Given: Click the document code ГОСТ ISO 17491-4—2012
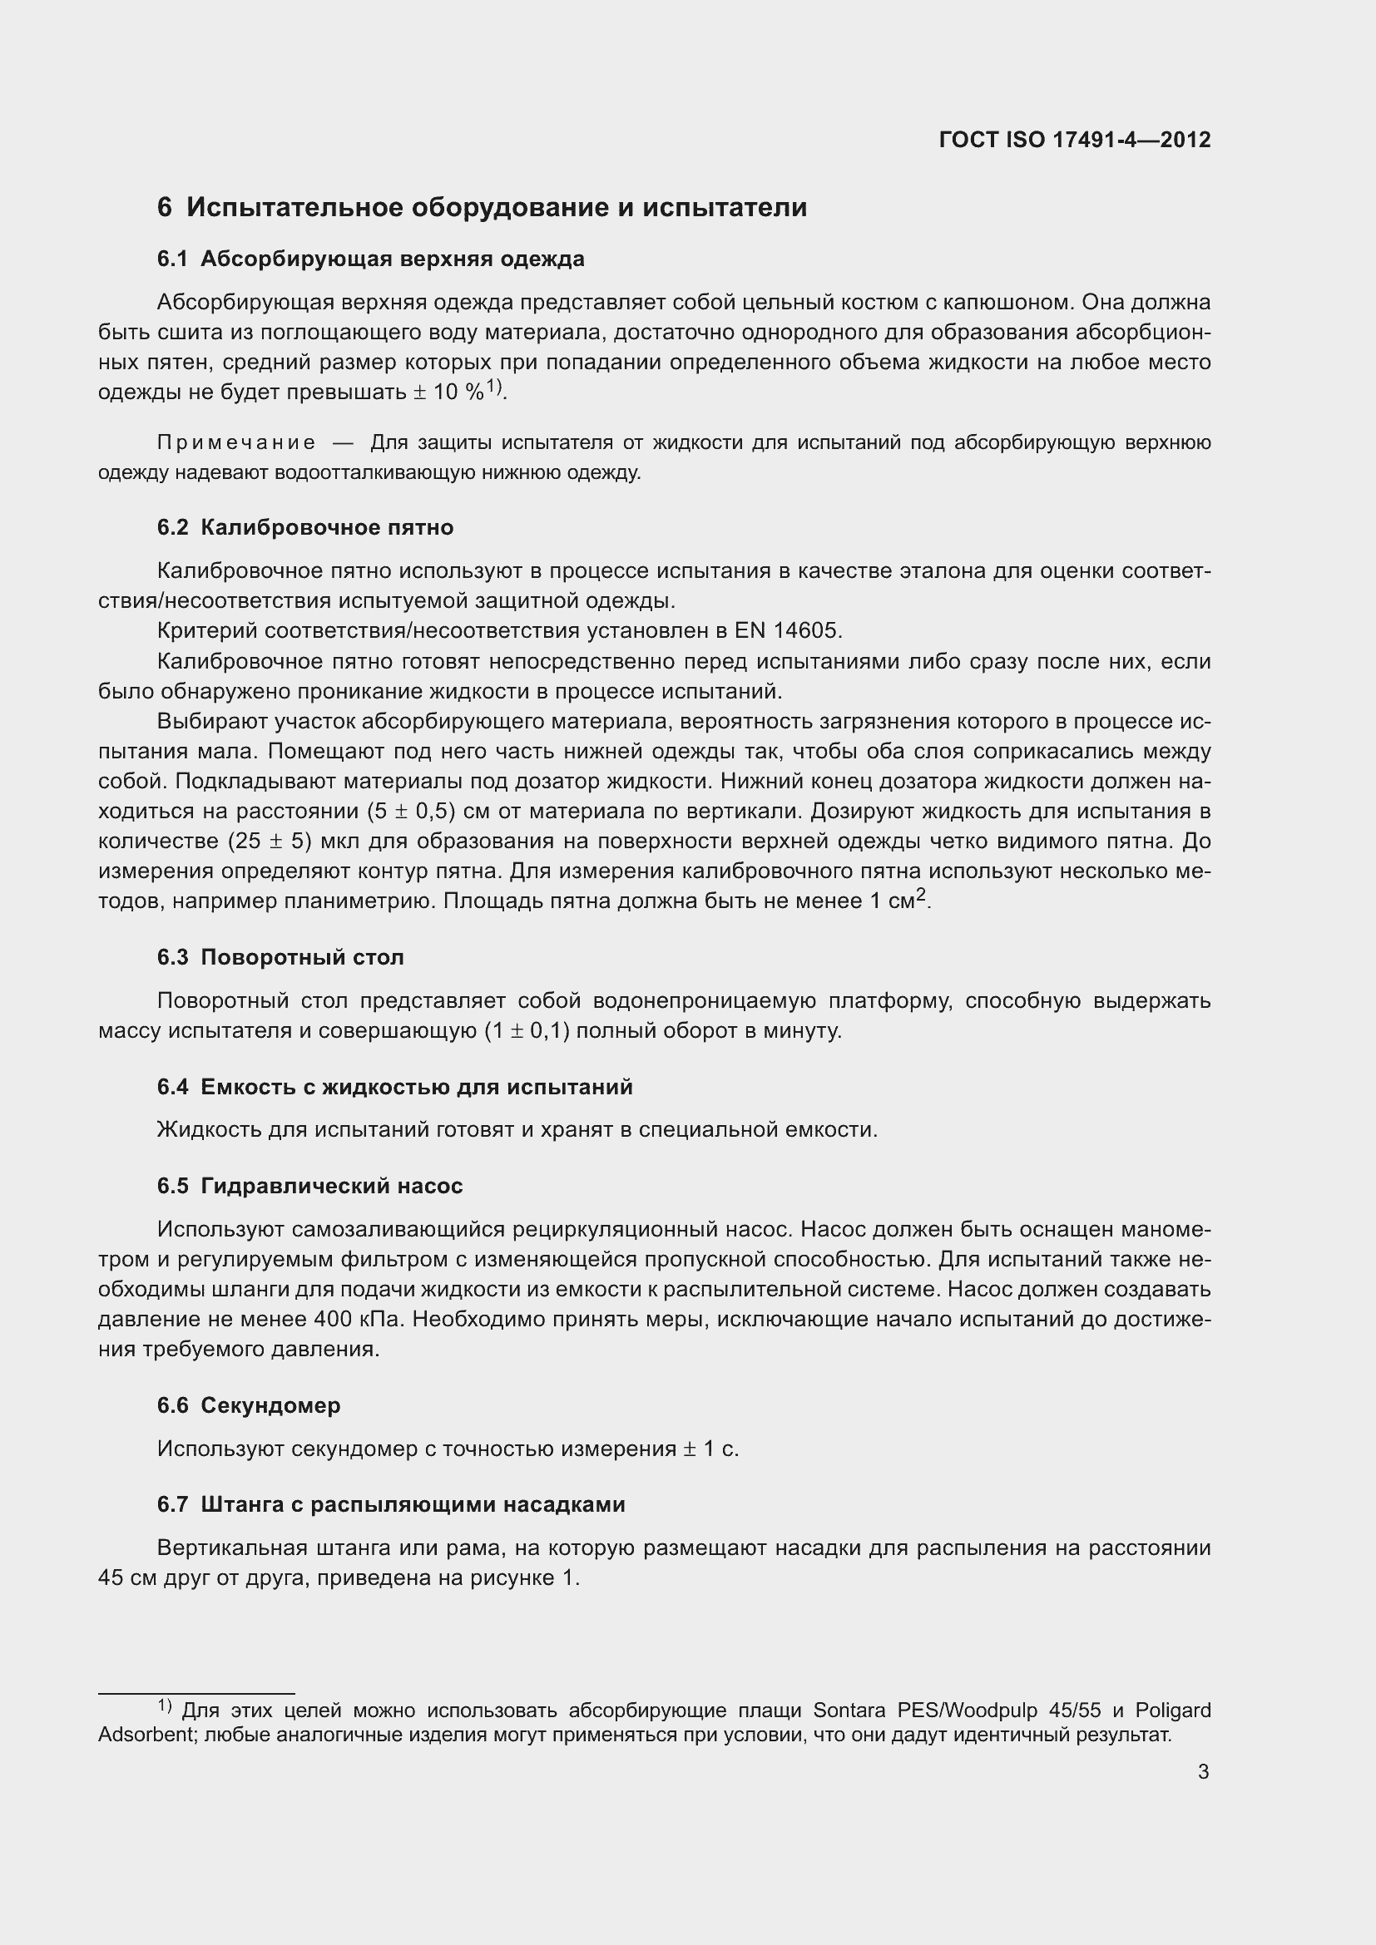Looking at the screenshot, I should (1074, 140).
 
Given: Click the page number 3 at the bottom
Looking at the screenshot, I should (1203, 1771).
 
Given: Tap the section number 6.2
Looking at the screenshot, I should (173, 528).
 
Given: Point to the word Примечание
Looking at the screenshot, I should (236, 443).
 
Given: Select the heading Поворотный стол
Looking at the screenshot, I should (302, 957).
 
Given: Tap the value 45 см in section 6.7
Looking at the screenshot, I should (122, 1578).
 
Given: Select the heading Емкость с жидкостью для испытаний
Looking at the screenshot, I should (416, 1087).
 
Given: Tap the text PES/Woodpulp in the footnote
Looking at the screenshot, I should (964, 1710).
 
